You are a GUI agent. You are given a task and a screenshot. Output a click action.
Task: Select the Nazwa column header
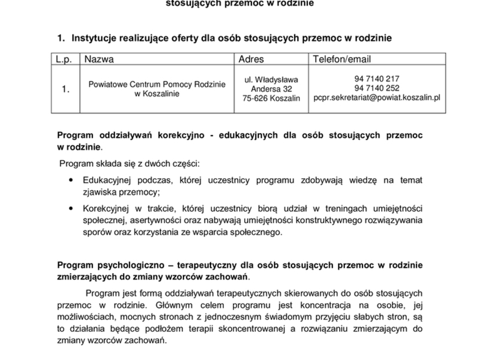[99, 59]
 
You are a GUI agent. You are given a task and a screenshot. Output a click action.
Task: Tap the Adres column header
[251, 59]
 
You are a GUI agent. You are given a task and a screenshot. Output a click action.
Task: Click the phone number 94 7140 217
[377, 79]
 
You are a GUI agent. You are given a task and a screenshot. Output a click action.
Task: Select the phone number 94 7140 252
[377, 88]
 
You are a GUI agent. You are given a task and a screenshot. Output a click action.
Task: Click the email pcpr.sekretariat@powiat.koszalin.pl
[377, 97]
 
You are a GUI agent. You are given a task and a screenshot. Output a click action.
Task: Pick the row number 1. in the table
[65, 89]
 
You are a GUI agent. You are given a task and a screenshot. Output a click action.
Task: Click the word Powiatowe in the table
[107, 85]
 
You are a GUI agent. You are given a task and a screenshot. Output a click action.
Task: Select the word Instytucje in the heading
[95, 38]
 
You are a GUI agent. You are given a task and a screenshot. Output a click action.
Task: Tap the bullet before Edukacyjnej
[72, 179]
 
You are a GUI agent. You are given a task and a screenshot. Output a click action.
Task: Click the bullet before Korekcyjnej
[72, 208]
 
